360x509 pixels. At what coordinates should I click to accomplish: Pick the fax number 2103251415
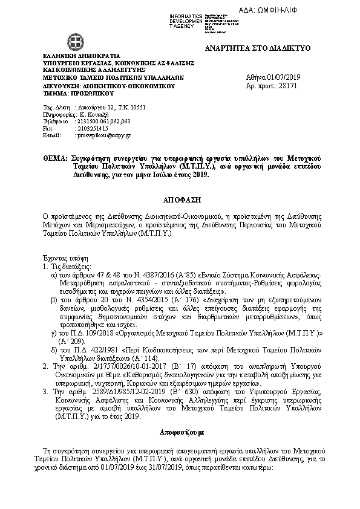91,128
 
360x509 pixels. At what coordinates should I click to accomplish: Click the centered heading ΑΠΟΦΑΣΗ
180,199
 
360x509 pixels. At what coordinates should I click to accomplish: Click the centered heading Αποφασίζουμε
180,433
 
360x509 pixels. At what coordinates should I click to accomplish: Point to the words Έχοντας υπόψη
61,257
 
